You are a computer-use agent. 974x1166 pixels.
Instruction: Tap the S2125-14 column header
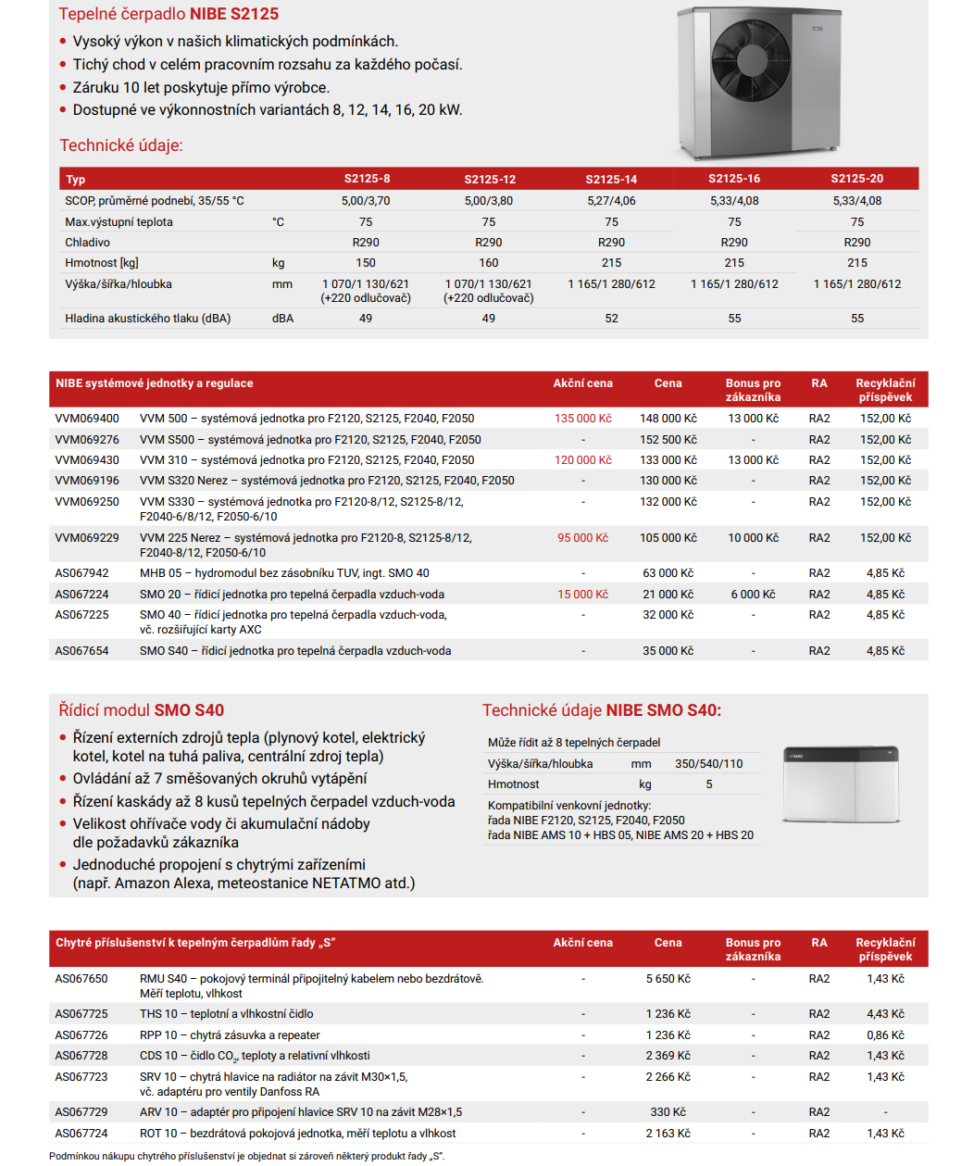pos(611,179)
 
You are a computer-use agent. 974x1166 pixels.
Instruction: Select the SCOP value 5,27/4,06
pos(611,201)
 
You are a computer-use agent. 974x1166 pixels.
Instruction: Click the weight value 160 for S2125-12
pos(489,263)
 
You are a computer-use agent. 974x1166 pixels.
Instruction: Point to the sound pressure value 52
pos(611,319)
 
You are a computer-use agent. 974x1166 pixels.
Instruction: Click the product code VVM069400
pos(87,419)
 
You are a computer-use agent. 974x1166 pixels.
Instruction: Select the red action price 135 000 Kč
pos(582,419)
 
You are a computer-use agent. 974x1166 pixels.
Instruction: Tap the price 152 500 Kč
pos(668,440)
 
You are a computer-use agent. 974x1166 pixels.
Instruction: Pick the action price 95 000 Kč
pos(582,538)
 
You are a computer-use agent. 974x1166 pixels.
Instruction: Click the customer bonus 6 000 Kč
pos(753,595)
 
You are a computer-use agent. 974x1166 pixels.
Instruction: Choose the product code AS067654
pos(81,651)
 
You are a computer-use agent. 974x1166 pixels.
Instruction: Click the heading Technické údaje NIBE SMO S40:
pos(601,710)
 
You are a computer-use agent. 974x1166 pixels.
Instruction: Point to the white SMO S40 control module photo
pos(841,784)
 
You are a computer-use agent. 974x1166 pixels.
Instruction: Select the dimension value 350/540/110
pos(708,764)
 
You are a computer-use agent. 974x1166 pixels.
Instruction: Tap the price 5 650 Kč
pos(668,979)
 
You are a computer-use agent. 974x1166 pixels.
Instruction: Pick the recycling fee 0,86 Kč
pos(885,1035)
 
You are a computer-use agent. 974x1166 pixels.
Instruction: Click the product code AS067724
pos(81,1134)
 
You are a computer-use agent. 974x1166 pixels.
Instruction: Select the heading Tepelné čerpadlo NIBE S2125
pos(169,14)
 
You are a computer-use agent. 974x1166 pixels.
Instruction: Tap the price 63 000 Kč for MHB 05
pos(668,573)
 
